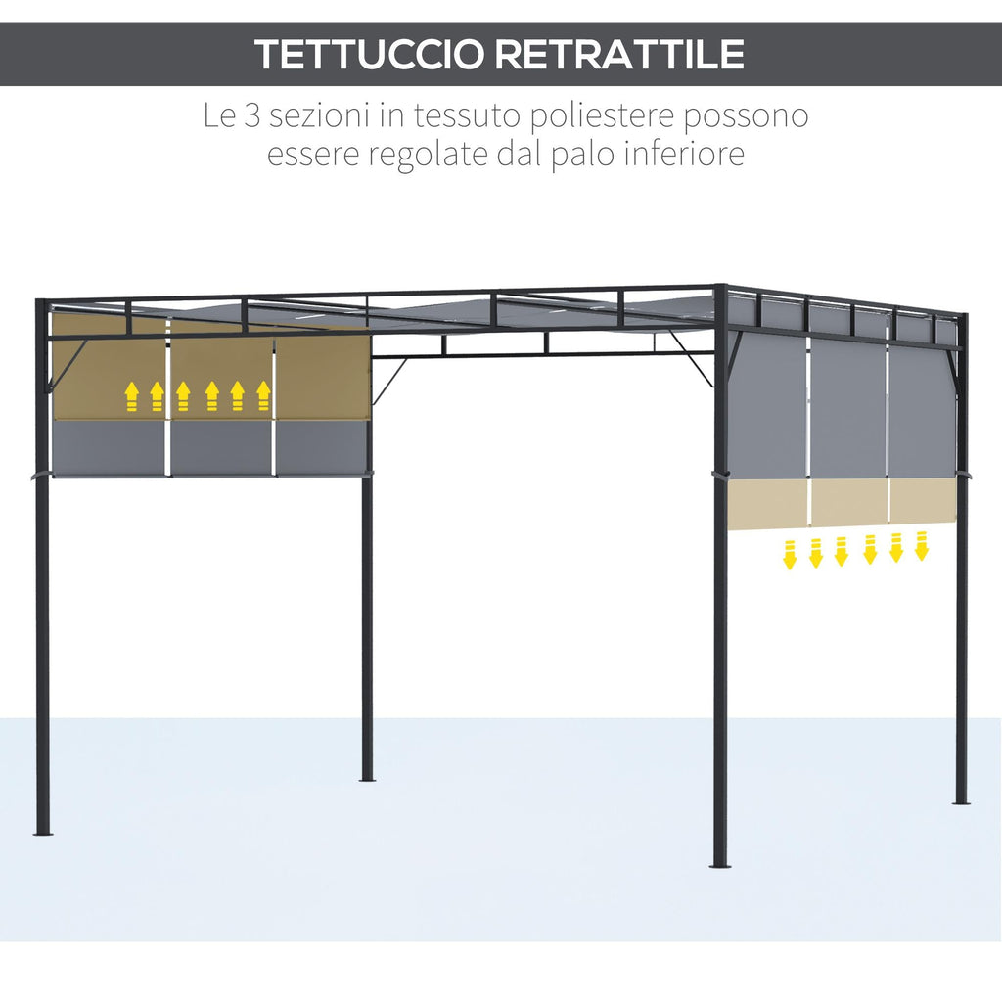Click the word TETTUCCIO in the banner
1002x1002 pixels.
[369, 55]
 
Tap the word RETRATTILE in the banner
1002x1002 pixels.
[619, 55]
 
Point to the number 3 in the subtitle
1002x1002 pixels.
[252, 115]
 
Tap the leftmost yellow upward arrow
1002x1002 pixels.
[132, 396]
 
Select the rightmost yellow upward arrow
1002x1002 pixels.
[263, 396]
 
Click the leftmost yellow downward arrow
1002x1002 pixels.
[790, 554]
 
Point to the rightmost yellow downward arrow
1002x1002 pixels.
[922, 546]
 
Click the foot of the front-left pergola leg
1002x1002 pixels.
[42, 832]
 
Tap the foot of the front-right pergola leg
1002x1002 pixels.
[719, 865]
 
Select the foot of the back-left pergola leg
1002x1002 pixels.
[367, 779]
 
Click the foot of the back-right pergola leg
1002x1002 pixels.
[961, 801]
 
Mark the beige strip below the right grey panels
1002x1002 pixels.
[843, 504]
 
